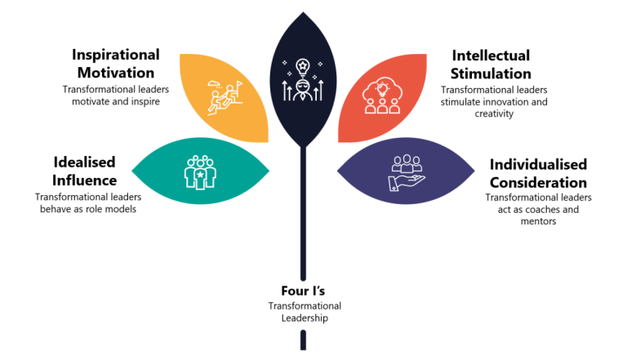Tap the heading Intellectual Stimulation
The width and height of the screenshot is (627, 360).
point(490,64)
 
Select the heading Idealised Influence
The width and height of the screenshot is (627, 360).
point(85,171)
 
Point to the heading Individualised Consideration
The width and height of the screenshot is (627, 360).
point(538,172)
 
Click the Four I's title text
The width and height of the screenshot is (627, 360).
point(305,290)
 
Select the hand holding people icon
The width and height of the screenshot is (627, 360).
point(406,172)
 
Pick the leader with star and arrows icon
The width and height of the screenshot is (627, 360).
point(304,78)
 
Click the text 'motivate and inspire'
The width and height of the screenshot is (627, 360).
point(114,104)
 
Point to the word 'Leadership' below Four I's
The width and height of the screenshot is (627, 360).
point(305,318)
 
